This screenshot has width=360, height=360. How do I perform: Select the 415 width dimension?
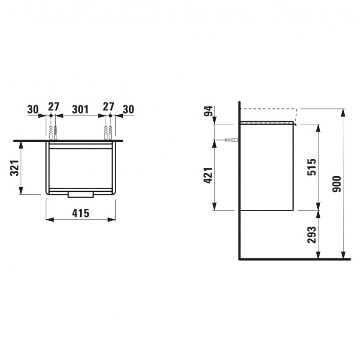80,214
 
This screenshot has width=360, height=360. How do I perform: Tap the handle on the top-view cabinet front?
80,194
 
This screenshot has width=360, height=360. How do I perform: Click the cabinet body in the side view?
266,167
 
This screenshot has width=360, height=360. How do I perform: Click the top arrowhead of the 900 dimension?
343,112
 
